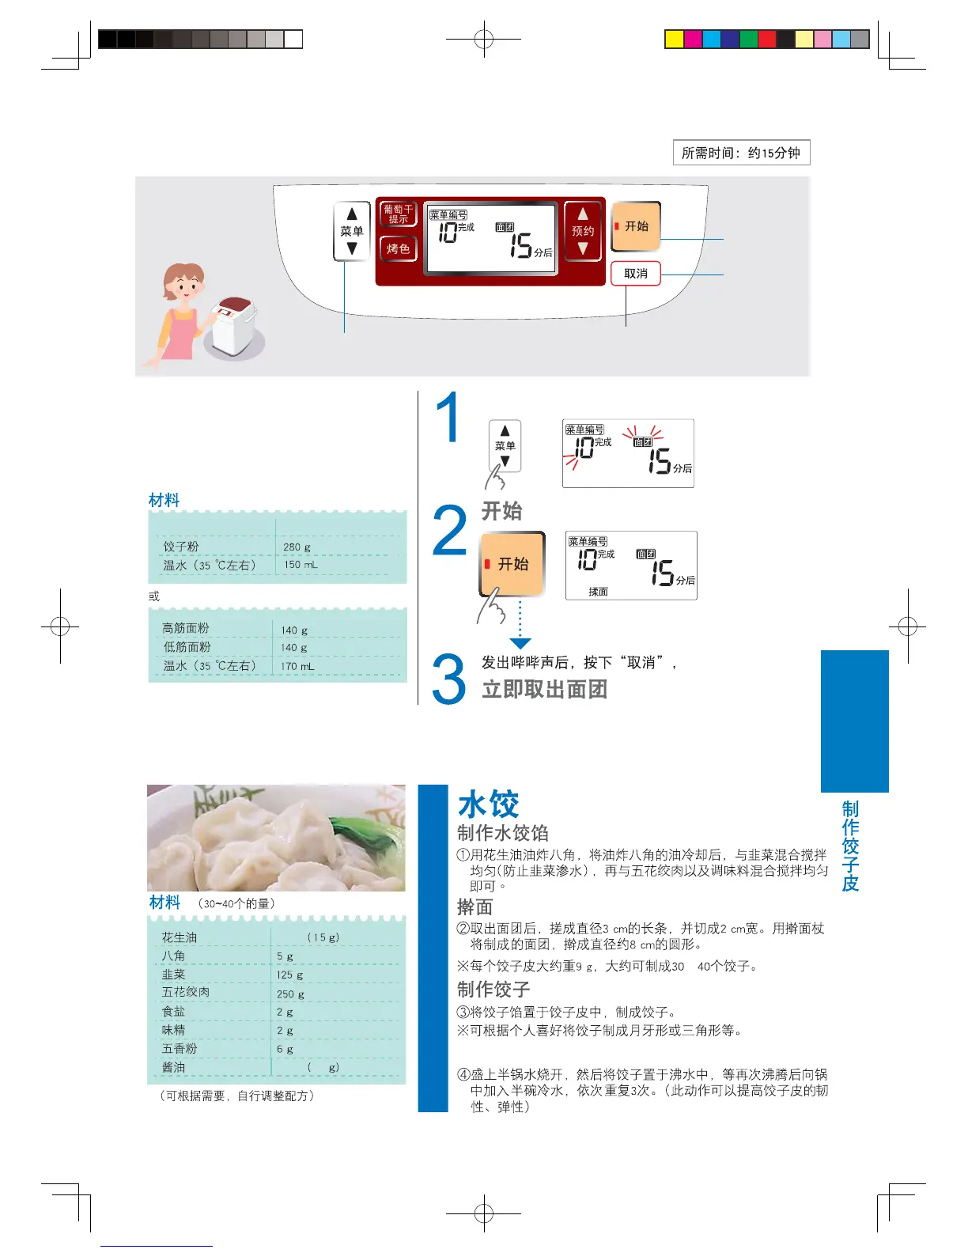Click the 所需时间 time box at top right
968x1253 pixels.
(x=741, y=153)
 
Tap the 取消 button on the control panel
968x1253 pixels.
(x=635, y=274)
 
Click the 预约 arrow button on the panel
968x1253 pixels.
(x=583, y=230)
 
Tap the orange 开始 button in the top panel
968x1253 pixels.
(x=636, y=226)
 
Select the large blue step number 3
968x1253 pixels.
(x=448, y=679)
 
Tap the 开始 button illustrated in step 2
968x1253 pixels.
(x=512, y=564)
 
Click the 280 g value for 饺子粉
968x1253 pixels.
(x=297, y=547)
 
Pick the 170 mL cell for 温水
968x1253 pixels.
(x=297, y=666)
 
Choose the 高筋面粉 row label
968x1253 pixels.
(x=186, y=628)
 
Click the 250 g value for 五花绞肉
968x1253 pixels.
(x=290, y=994)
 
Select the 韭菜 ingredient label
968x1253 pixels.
(x=173, y=975)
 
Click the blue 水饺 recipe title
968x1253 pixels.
(x=488, y=804)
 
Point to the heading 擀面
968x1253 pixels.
(x=475, y=907)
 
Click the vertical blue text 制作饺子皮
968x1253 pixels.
(x=850, y=846)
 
